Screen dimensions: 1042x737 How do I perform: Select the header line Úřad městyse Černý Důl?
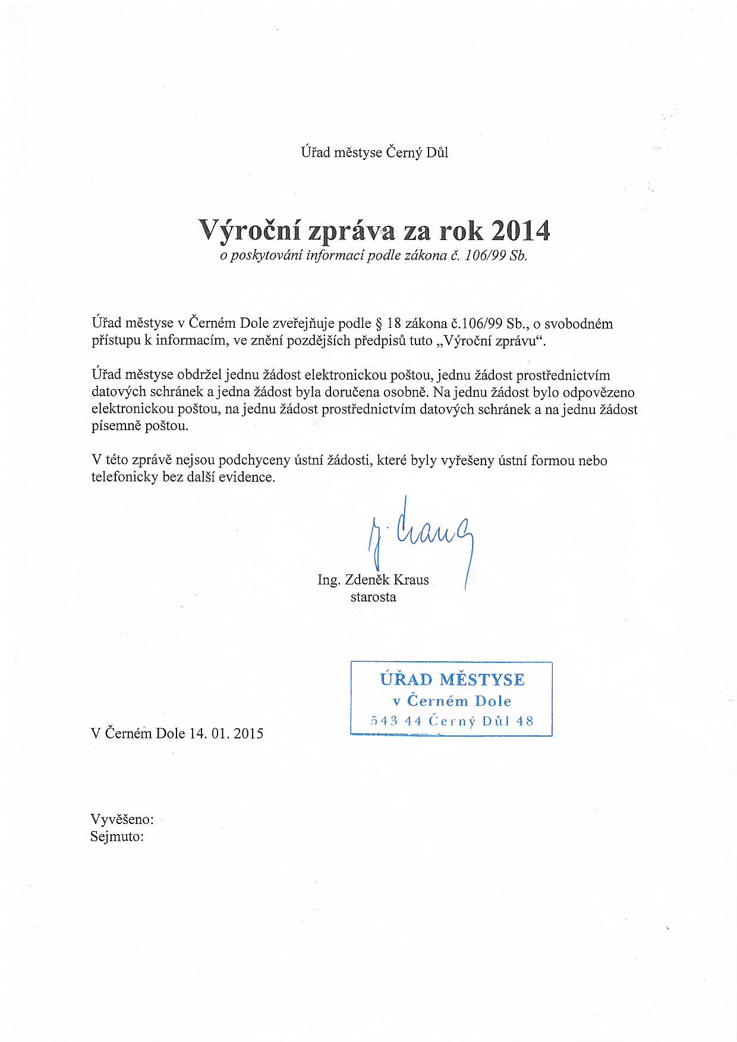point(374,153)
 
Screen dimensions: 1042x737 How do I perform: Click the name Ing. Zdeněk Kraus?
point(373,580)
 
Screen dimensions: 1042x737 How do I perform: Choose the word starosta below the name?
point(373,597)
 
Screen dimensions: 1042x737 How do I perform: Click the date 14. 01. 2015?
point(226,733)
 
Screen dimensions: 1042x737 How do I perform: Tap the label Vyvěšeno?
point(122,819)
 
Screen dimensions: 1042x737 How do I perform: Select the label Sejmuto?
point(117,836)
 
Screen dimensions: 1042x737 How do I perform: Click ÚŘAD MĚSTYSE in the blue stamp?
point(452,680)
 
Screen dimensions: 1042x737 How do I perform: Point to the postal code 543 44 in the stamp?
point(396,721)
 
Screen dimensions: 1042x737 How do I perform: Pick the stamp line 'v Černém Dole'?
point(452,701)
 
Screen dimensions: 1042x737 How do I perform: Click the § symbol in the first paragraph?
point(378,324)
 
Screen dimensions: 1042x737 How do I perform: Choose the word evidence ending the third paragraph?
point(246,477)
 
